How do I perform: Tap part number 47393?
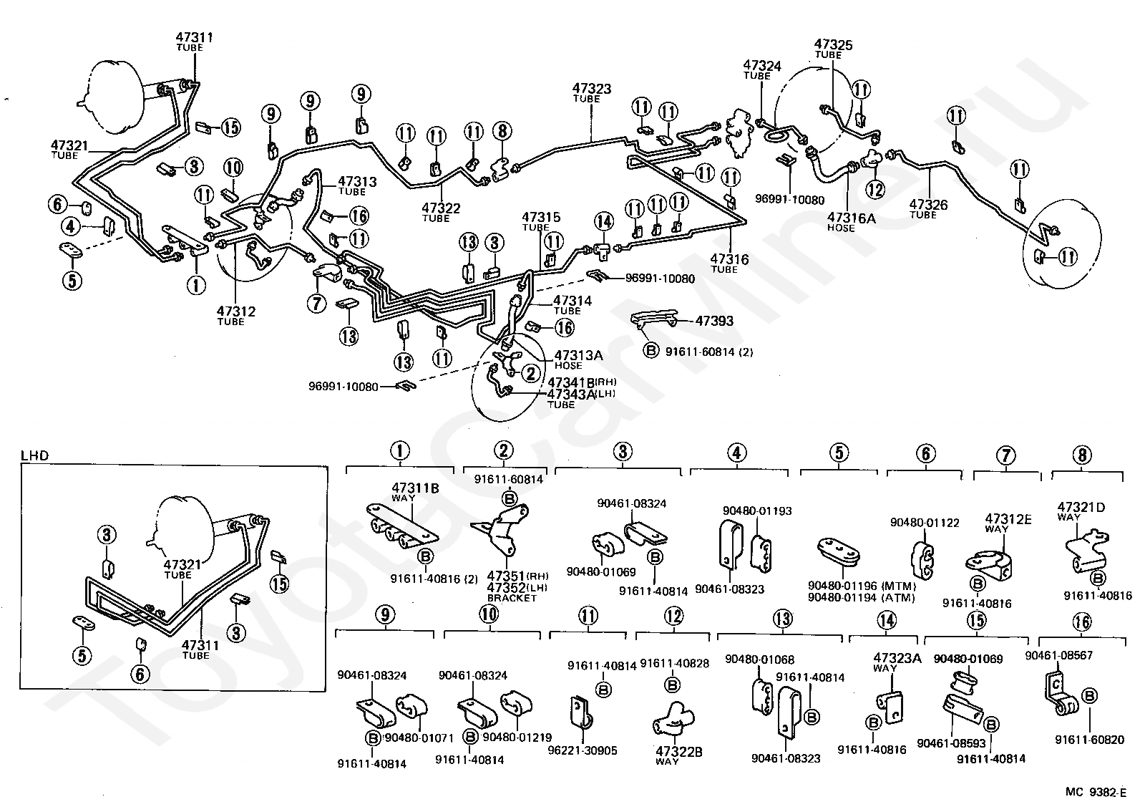[714, 322]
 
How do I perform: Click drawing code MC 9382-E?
[1096, 791]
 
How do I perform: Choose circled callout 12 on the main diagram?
[875, 189]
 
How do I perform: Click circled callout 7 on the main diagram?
[316, 304]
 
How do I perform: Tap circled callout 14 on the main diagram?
[603, 221]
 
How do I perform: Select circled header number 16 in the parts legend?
[1082, 622]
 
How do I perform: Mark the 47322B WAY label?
[678, 754]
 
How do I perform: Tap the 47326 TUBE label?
[928, 208]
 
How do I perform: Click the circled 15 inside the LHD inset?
[279, 584]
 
